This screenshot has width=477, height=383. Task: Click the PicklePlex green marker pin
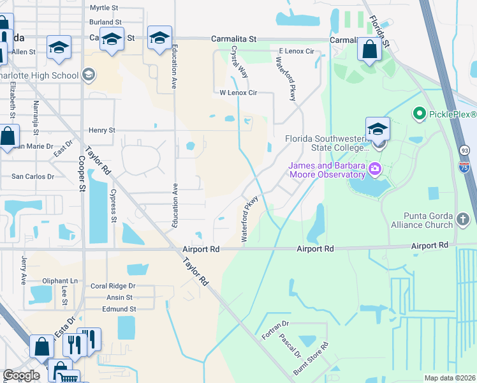[419, 115]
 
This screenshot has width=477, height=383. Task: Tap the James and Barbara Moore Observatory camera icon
[375, 169]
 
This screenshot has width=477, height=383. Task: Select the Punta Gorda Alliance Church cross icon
[464, 220]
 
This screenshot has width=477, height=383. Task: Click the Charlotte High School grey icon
[88, 75]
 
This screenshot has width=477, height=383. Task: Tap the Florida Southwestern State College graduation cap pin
[378, 129]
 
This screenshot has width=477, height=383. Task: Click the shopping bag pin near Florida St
[370, 50]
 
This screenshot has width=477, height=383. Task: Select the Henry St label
[102, 130]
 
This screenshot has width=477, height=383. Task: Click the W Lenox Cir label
[238, 93]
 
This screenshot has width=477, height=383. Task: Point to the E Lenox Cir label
[297, 51]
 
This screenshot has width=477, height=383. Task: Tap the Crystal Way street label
[240, 61]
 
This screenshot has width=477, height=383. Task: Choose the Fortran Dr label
[275, 331]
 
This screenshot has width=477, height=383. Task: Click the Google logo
[21, 375]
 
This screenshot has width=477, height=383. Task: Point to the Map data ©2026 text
[449, 378]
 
